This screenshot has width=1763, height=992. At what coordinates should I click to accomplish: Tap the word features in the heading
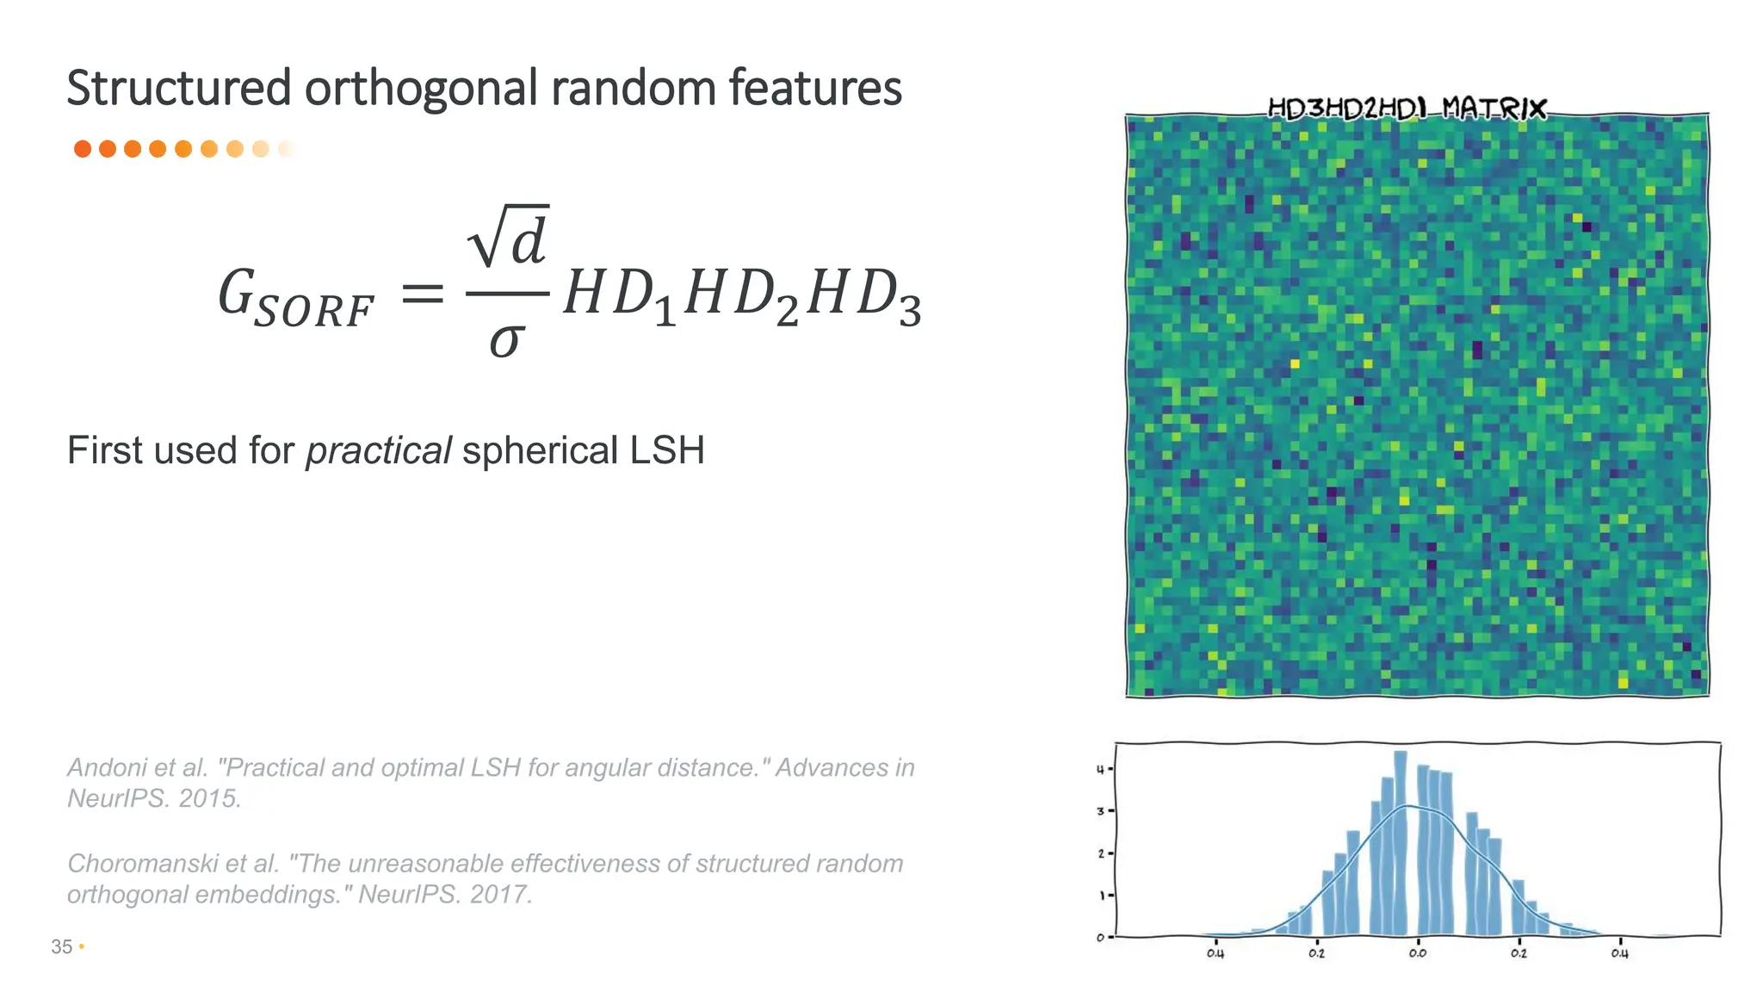pos(814,89)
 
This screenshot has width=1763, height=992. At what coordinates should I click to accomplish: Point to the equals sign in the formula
pos(423,295)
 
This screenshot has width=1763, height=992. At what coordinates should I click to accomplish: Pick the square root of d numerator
pos(508,237)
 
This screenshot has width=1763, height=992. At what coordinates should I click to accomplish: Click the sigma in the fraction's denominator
pos(506,340)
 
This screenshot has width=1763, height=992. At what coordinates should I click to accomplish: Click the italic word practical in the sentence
pos(378,450)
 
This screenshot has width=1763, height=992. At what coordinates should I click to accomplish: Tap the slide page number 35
pos(61,946)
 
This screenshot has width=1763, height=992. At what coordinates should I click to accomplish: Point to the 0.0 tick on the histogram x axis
pos(1417,952)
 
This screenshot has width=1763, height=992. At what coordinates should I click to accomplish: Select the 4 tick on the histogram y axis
pos(1100,769)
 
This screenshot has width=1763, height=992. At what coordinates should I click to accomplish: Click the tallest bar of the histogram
pos(1401,844)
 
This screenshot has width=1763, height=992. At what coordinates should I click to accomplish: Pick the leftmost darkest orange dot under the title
pos(83,149)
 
